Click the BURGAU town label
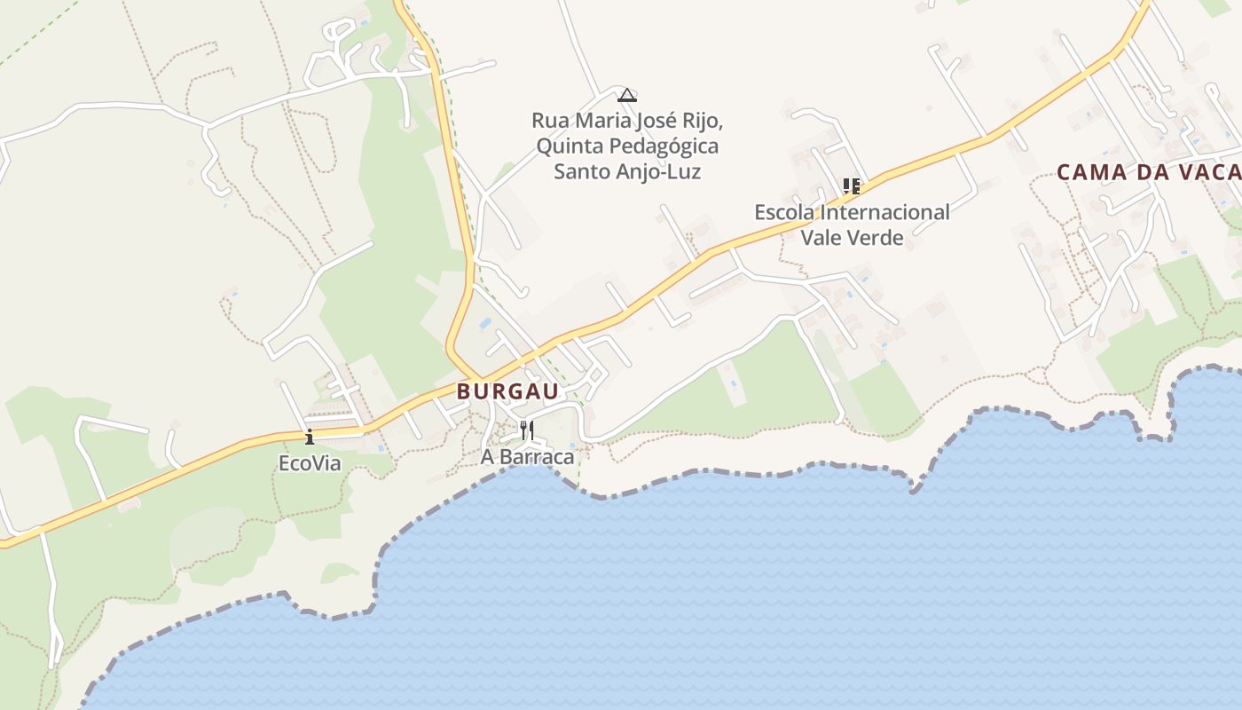pos(507,391)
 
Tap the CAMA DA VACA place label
pos(1149,172)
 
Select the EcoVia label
pos(310,463)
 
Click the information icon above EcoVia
pos(310,437)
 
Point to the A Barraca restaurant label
pos(527,457)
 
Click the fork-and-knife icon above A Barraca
pos(527,430)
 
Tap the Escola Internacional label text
pos(852,212)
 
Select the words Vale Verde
pos(852,237)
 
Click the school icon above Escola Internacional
pos(852,186)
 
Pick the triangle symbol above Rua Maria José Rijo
pos(627,95)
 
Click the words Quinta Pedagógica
pos(627,146)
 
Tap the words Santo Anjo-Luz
pos(627,171)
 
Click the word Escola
pos(785,212)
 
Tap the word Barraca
pos(542,457)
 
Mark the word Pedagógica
pos(665,146)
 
